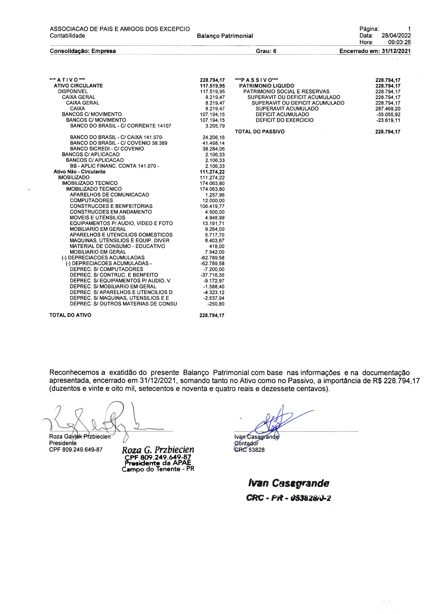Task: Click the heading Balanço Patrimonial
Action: pos(225,36)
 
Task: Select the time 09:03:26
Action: pos(399,42)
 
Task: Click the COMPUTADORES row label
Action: pos(91,200)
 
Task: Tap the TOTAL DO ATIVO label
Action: pos(70,315)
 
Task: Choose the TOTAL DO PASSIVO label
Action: pos(260,132)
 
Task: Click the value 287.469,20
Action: pos(388,109)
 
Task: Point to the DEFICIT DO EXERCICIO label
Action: pos(284,120)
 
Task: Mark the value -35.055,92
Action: pos(388,114)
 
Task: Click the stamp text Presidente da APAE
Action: pos(158,463)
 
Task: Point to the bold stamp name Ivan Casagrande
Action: pos(288,483)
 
